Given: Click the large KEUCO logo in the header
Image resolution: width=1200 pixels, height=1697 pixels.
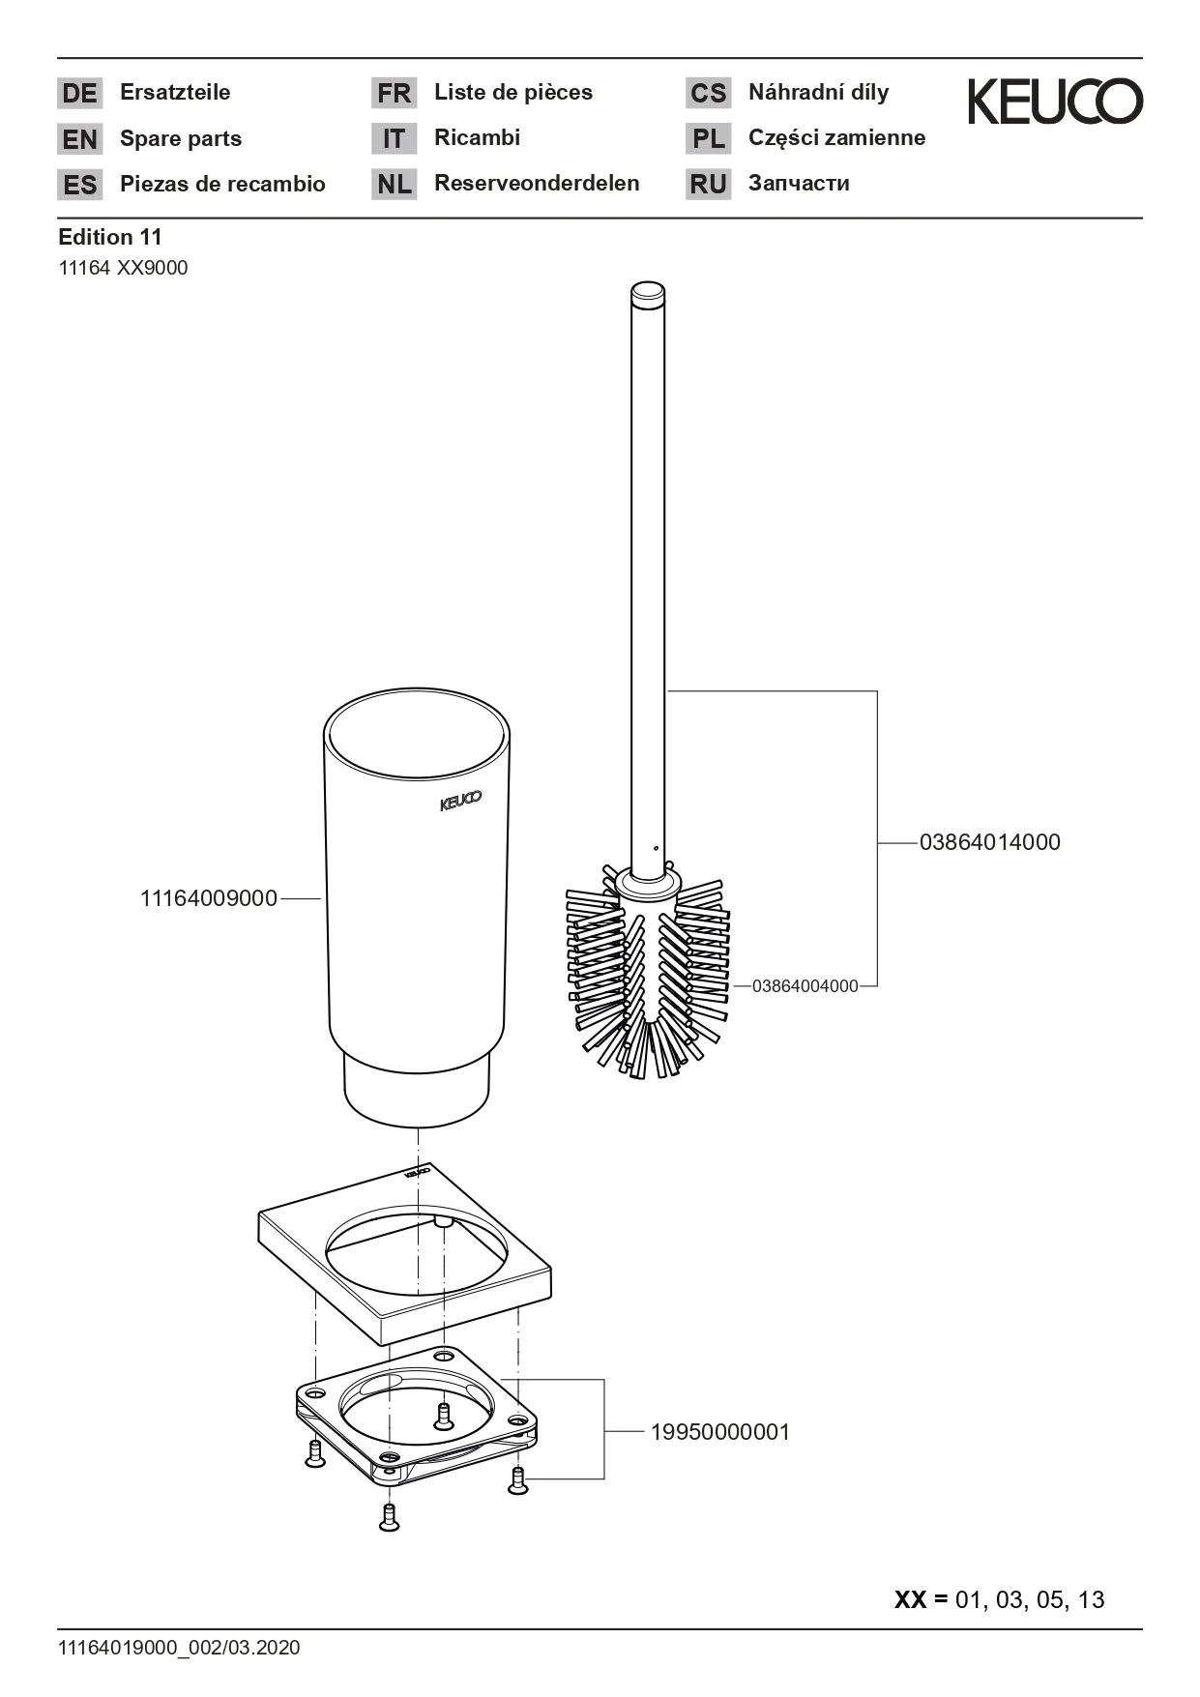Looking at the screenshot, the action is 1055,102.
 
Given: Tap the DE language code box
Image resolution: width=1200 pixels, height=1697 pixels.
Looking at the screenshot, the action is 80,93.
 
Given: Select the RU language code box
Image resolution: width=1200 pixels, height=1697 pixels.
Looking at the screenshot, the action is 709,184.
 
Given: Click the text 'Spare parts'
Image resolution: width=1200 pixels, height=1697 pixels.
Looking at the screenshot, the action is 181,138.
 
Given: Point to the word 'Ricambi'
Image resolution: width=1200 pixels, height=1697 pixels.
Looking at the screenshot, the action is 477,137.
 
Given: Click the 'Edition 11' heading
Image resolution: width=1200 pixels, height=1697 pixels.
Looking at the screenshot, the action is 110,237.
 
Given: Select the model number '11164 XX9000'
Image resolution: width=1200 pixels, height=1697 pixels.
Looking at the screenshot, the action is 123,268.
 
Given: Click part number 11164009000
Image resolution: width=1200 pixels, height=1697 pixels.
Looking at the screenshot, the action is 209,898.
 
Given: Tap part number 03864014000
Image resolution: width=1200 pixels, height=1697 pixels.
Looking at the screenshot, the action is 990,842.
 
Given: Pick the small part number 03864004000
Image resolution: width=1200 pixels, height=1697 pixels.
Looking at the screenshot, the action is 805,986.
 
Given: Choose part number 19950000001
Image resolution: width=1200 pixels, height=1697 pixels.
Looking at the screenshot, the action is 720,1432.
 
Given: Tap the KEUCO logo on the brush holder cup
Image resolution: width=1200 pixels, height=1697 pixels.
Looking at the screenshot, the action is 460,802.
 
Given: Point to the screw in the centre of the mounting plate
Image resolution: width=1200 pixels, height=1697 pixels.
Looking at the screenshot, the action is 444,1417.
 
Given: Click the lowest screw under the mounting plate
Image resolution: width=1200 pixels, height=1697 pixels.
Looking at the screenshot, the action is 389,1517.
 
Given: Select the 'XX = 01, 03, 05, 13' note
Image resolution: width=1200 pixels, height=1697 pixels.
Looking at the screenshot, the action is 1000,1599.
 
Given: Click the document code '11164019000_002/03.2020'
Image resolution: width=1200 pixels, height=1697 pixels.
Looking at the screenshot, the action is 179,1648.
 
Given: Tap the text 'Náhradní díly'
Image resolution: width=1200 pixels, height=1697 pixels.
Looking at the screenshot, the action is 818,93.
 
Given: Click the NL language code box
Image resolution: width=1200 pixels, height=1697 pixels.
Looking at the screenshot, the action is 395,184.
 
